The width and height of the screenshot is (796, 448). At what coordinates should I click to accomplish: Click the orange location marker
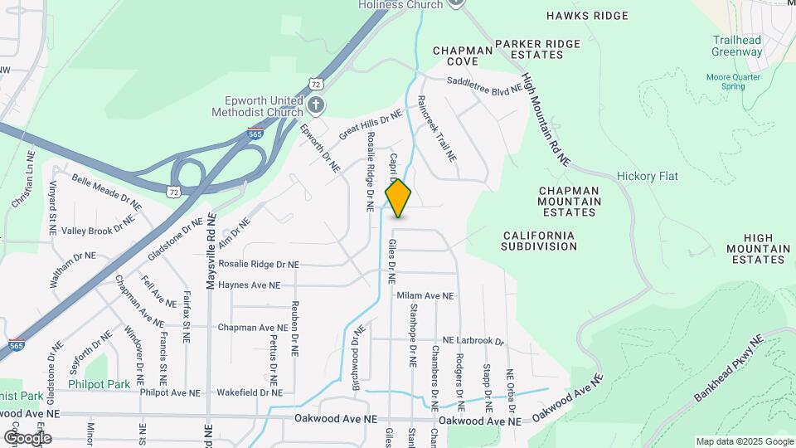point(399,197)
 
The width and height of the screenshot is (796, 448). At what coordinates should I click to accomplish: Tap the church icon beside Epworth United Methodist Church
point(316,105)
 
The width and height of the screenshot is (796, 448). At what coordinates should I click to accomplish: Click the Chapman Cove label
point(463,56)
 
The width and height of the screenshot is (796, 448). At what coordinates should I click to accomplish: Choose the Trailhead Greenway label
point(736,46)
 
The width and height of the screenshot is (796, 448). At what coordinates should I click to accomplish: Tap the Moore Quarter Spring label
point(733,81)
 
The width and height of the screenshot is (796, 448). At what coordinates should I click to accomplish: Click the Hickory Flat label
point(648,177)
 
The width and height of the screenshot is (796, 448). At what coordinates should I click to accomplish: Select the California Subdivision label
point(539,241)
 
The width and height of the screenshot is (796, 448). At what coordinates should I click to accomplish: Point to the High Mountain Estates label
point(758,248)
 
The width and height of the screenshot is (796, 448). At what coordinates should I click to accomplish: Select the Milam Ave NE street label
point(425,295)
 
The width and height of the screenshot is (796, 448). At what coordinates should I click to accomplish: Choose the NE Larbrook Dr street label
point(473,341)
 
